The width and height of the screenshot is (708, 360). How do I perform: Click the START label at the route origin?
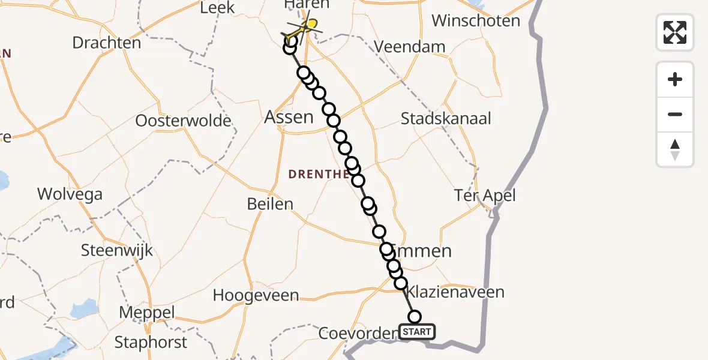pos(417,332)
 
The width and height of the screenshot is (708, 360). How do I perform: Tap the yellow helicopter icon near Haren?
pos(306,27)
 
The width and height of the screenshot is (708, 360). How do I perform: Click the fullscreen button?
pos(675,32)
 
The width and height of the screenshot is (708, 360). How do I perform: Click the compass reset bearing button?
pos(675,149)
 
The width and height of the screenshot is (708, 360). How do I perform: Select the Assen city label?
pos(289,117)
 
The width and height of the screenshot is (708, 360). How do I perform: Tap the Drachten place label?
pos(107,43)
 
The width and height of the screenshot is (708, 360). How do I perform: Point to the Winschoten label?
pos(476,21)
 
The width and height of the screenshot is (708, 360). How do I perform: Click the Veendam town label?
pos(410,47)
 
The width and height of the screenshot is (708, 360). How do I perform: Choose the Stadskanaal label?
pos(446,118)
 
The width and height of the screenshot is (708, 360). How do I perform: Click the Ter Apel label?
pos(485,196)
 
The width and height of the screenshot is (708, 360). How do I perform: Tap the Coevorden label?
pos(358,333)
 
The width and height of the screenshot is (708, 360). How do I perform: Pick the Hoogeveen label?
pos(256,295)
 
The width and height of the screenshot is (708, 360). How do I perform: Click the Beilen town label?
pos(270,204)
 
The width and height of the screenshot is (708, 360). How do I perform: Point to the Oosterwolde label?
pos(183,121)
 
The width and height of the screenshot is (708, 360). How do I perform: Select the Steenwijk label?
pos(117,250)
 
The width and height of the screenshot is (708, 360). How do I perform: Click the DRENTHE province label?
pos(318,175)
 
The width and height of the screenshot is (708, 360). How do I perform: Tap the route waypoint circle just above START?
pos(414,317)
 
